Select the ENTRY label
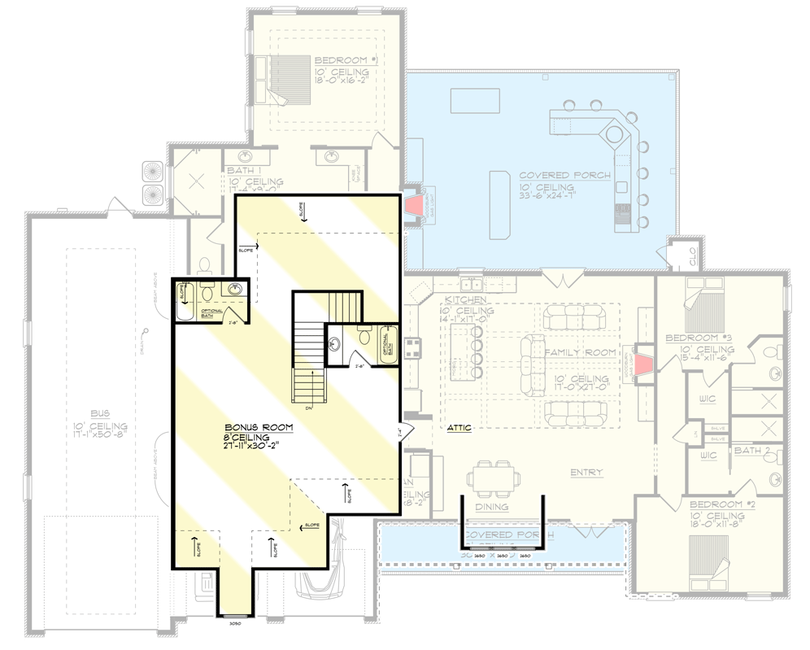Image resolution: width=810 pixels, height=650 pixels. (586, 472)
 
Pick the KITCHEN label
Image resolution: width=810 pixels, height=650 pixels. (464, 300)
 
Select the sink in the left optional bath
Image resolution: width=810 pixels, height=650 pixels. (235, 290)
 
